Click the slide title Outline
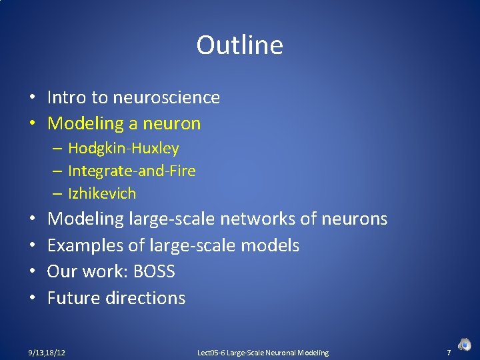239,45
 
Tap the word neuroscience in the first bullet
166,97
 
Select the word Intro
67,97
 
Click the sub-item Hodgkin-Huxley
123,148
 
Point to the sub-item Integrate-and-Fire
132,171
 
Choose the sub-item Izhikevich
102,194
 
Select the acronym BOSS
154,271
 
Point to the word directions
145,297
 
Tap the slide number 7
449,352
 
